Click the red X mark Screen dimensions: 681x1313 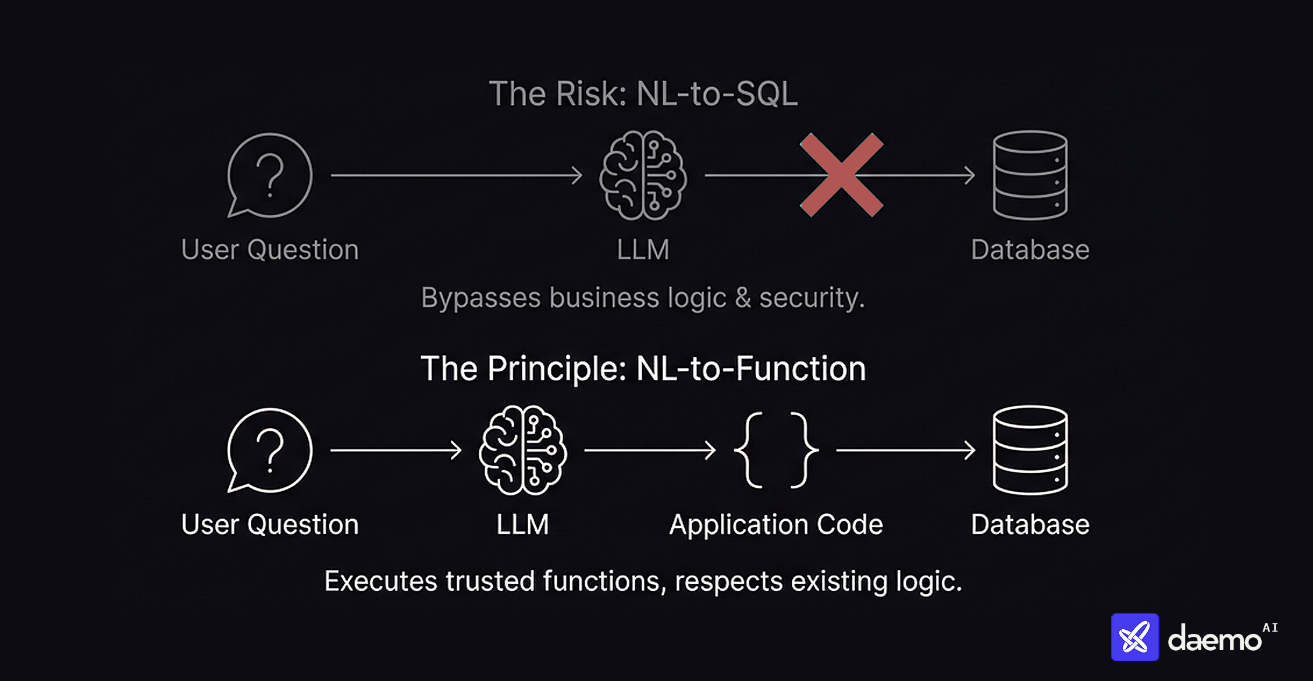click(841, 175)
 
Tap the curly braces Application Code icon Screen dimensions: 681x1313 click(776, 450)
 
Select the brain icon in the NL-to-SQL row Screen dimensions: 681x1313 click(643, 175)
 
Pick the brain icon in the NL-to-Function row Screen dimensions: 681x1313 click(522, 450)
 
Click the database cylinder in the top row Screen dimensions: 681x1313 click(1030, 175)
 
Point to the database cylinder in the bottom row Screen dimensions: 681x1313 click(1030, 450)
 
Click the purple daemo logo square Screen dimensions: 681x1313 click(1134, 637)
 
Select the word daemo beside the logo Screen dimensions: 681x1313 click(1214, 640)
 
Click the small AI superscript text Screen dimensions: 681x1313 click(1270, 627)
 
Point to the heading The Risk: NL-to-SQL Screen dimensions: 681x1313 click(643, 94)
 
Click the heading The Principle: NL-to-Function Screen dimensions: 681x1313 click(643, 368)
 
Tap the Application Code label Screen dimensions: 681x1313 click(776, 524)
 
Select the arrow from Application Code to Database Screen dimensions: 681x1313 click(905, 450)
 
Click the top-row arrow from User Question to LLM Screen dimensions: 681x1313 click(456, 175)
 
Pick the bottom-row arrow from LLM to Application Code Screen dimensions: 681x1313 click(650, 450)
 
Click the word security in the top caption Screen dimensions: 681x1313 click(811, 297)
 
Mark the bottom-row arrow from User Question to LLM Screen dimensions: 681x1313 click(396, 450)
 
